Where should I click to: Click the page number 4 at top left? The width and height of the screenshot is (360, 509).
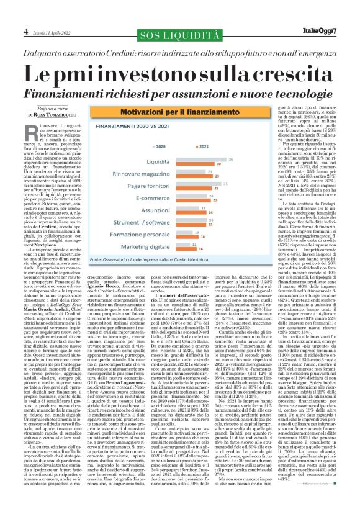click(8, 12)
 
